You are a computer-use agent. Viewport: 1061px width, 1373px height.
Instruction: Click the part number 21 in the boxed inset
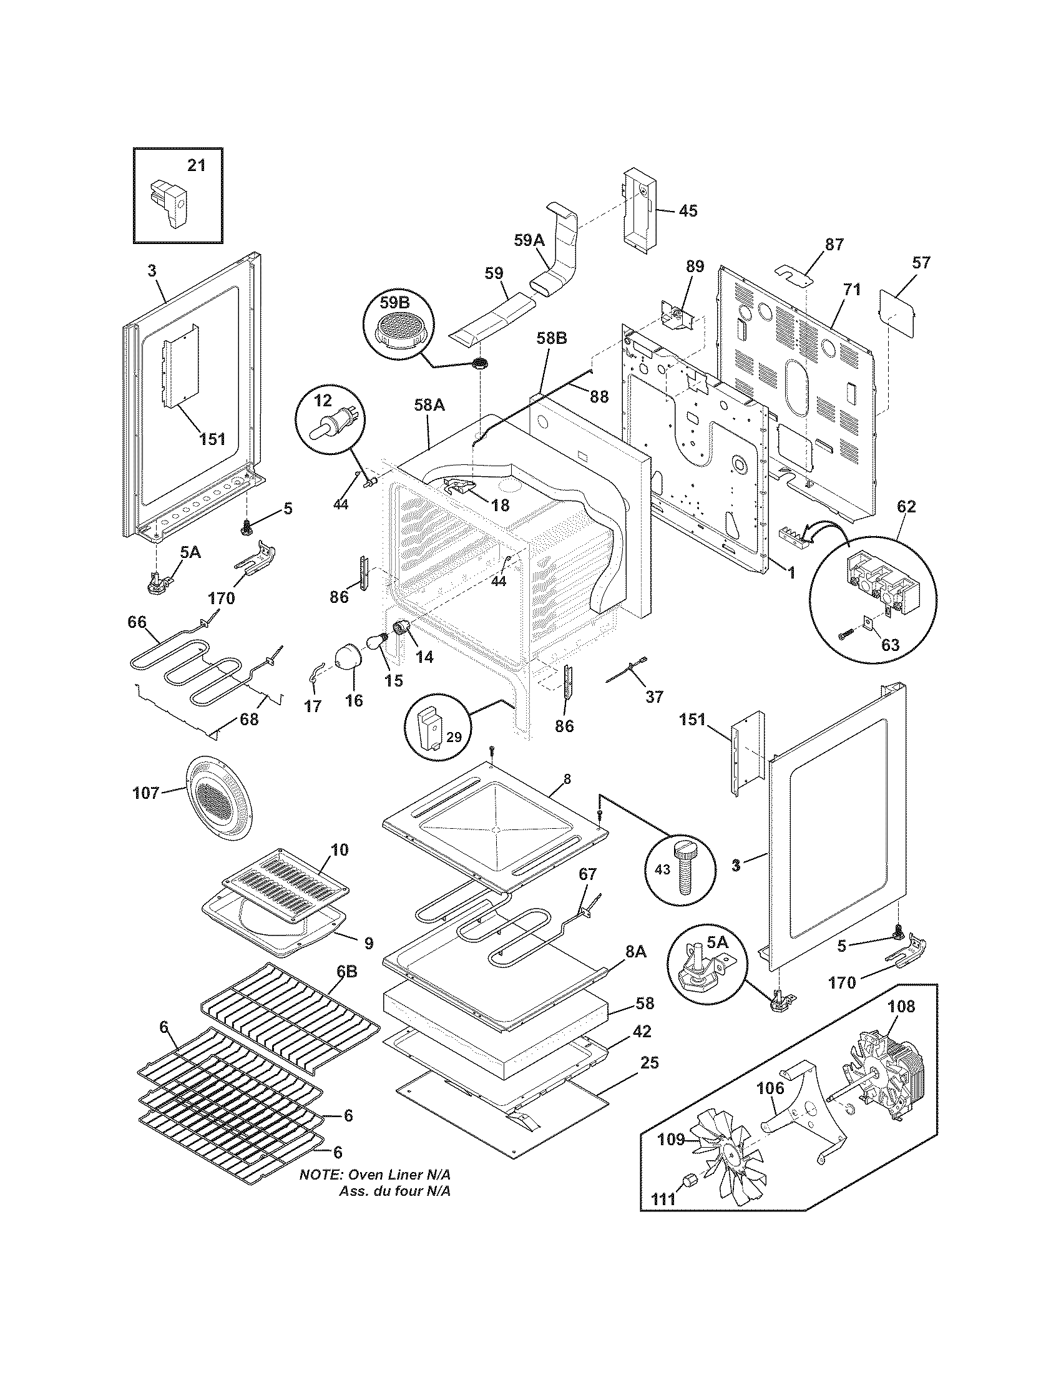(x=196, y=166)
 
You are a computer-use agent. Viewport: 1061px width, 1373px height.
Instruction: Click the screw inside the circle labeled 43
(x=683, y=869)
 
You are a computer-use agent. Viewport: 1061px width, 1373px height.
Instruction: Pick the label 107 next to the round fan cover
(x=146, y=793)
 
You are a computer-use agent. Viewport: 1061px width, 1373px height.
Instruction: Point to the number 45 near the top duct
(x=688, y=211)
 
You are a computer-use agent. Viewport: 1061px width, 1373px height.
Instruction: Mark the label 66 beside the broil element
(x=137, y=622)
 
